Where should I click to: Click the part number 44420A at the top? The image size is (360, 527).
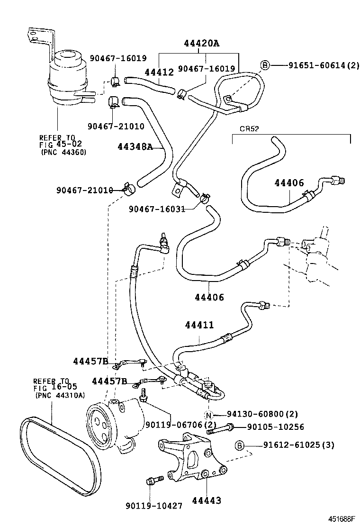(202, 44)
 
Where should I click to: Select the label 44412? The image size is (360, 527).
(159, 72)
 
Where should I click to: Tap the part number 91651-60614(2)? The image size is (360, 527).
(324, 65)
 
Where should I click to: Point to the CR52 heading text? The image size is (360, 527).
(250, 128)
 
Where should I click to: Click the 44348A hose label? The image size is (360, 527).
(135, 147)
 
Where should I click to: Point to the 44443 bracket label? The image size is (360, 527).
(207, 500)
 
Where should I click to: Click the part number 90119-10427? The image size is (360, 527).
(154, 506)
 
